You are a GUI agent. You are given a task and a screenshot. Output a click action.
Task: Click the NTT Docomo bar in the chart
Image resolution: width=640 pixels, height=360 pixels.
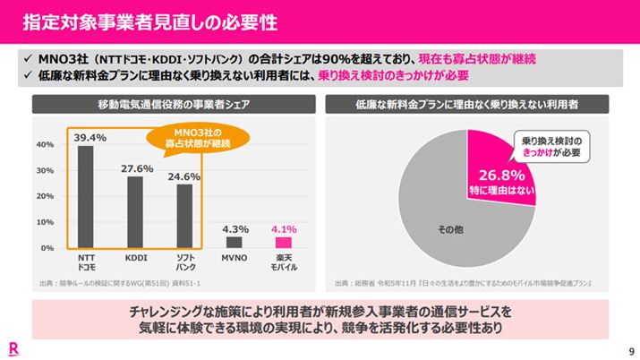point(85,196)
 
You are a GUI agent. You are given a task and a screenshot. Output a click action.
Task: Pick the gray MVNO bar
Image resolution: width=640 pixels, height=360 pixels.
point(234,242)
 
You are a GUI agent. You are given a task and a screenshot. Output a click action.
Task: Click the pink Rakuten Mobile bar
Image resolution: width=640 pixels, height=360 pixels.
point(284,242)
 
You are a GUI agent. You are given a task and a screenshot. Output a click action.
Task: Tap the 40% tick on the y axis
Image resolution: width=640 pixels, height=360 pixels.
point(46,144)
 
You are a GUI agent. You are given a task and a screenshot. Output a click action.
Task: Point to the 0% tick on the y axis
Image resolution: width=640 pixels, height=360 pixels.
point(48,247)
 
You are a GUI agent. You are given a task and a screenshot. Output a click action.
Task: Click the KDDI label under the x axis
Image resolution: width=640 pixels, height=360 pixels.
point(135,258)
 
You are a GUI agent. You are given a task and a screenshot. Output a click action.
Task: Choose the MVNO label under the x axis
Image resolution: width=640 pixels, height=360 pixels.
point(234,258)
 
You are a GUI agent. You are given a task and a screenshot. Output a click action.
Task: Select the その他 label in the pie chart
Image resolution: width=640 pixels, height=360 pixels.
point(452,231)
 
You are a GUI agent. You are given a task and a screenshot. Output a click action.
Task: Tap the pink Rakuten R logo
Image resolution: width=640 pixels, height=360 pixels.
point(15,347)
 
